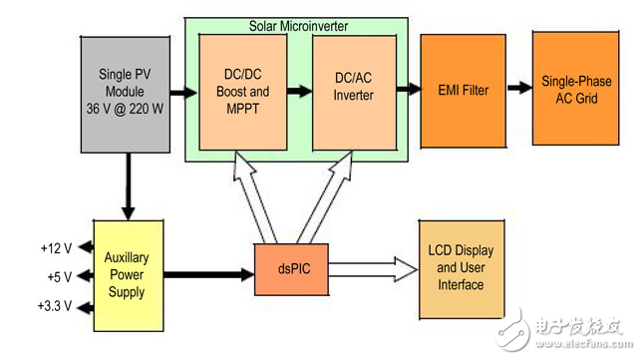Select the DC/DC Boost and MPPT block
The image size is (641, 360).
pos(243,92)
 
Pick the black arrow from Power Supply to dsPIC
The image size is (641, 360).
pos(208,271)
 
